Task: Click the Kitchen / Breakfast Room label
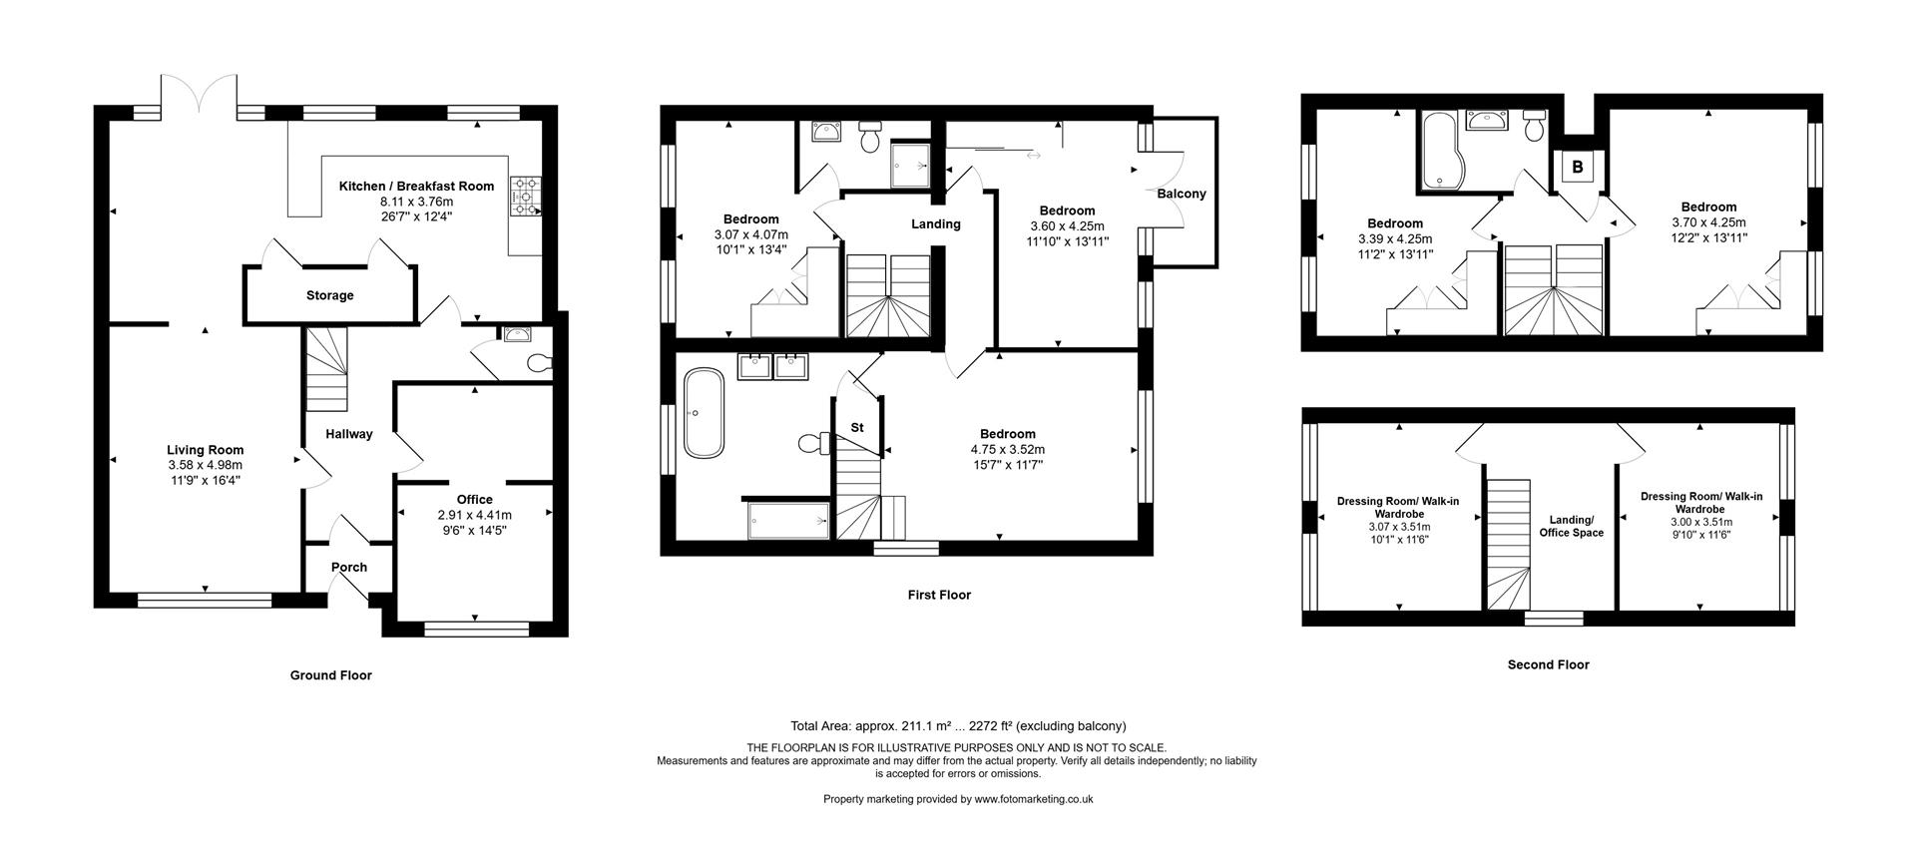[x=416, y=186]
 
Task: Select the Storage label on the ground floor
[x=329, y=295]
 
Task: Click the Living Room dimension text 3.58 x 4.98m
[x=205, y=465]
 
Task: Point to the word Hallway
[x=349, y=434]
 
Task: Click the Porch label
[x=349, y=567]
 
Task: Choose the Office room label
[x=475, y=500]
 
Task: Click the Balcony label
[x=1182, y=194]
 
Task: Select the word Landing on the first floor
[x=936, y=224]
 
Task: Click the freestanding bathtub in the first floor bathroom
[x=704, y=413]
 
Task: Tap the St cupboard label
[x=857, y=427]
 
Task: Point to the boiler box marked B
[x=1578, y=167]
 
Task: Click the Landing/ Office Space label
[x=1577, y=526]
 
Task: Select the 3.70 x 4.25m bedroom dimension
[x=1707, y=222]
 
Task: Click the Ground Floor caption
[x=330, y=675]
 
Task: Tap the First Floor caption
[x=939, y=595]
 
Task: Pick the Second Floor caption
[x=1548, y=664]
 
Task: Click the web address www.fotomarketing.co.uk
[x=1034, y=799]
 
